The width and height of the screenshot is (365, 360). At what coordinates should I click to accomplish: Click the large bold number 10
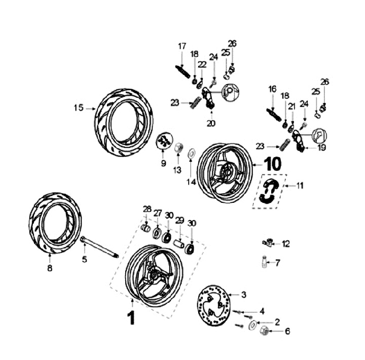coord(272,164)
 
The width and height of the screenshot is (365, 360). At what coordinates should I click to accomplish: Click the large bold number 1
coord(131,318)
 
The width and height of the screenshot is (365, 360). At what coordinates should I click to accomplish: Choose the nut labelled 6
coord(264,332)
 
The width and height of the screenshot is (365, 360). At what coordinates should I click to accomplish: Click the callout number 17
coord(182,47)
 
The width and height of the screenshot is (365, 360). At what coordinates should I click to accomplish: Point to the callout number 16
coord(272,89)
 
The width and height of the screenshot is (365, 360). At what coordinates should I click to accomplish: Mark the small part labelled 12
coord(268,244)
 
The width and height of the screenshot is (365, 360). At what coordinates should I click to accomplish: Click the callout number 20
coord(211,123)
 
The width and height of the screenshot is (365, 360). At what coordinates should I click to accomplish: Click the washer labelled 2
coord(252,325)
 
